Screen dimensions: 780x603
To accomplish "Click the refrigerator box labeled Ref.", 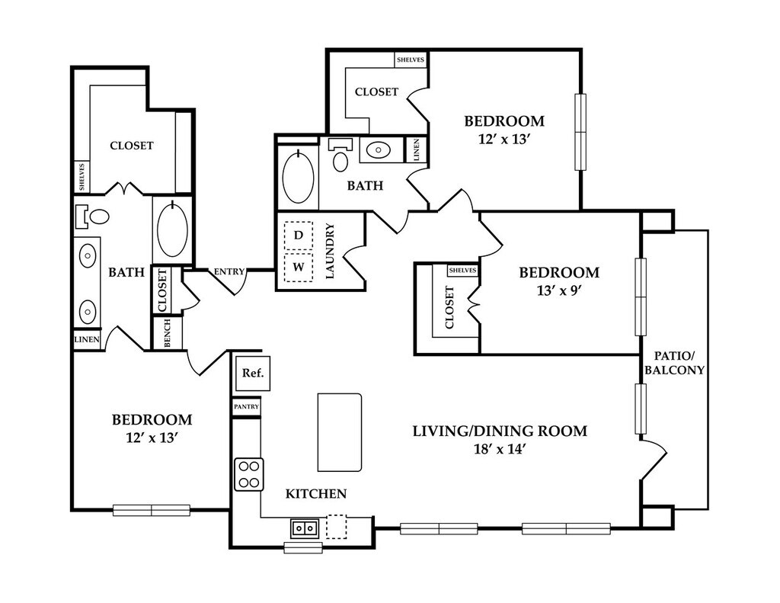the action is pyautogui.click(x=253, y=374).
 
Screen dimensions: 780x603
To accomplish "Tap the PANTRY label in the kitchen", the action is pyautogui.click(x=247, y=407).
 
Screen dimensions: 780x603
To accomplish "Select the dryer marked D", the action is pyautogui.click(x=299, y=235).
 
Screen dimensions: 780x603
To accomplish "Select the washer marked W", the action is pyautogui.click(x=299, y=268).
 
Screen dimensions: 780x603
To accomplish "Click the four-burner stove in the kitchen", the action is pyautogui.click(x=249, y=474).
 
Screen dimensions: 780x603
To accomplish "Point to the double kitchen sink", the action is pyautogui.click(x=305, y=528).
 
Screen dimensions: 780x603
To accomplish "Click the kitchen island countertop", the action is pyautogui.click(x=340, y=432).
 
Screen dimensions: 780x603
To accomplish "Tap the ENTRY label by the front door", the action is pyautogui.click(x=229, y=272).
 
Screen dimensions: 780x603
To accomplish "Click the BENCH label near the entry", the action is pyautogui.click(x=168, y=333).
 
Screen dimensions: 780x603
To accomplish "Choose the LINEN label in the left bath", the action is pyautogui.click(x=87, y=340).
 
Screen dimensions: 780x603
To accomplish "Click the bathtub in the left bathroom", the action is pyautogui.click(x=172, y=229).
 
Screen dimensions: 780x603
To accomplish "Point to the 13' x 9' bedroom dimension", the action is pyautogui.click(x=559, y=290).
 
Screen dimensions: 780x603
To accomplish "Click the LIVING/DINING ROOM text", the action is pyautogui.click(x=500, y=431).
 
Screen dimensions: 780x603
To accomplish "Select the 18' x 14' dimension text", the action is pyautogui.click(x=500, y=449).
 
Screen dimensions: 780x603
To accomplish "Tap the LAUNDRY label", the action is pyautogui.click(x=330, y=251).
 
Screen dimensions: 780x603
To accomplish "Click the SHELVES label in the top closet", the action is pyautogui.click(x=411, y=59).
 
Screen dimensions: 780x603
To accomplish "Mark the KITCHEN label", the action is pyautogui.click(x=316, y=494).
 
